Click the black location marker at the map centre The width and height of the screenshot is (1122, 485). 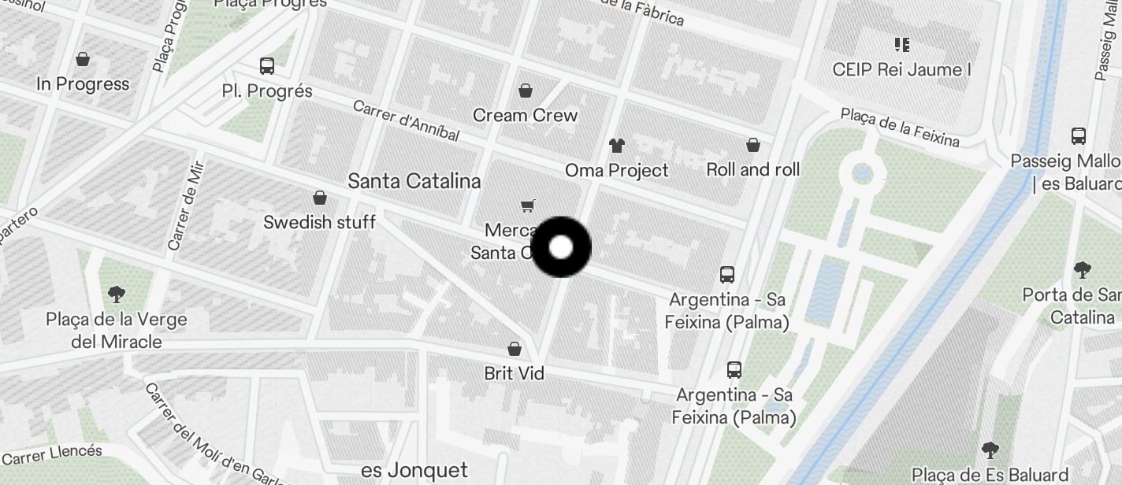(x=560, y=247)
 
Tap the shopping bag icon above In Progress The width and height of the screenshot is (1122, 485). (x=83, y=59)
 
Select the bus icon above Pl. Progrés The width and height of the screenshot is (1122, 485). (x=267, y=66)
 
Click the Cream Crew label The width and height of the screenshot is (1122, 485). (x=525, y=115)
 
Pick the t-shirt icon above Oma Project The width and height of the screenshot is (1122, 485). (x=616, y=145)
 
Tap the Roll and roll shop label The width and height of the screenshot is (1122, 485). (x=752, y=169)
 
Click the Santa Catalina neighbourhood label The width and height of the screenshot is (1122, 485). (x=414, y=181)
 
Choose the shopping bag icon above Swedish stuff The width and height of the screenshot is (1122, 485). (x=320, y=197)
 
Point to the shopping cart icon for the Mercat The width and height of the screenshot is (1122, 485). (x=528, y=205)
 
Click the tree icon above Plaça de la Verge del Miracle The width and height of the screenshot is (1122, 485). (x=117, y=294)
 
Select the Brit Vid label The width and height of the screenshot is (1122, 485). (x=515, y=373)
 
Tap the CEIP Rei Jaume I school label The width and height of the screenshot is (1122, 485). (x=901, y=69)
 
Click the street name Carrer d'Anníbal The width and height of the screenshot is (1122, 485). (x=406, y=120)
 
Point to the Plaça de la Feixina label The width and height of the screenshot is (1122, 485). (x=900, y=127)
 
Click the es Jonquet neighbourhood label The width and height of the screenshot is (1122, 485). (x=414, y=471)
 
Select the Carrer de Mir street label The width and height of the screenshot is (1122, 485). (x=186, y=205)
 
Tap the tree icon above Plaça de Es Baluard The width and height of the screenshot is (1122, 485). (x=990, y=450)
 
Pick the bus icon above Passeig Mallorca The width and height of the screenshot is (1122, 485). (x=1079, y=135)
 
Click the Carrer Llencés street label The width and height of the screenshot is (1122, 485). (x=52, y=454)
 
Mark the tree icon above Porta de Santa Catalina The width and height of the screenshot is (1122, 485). (x=1083, y=270)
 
